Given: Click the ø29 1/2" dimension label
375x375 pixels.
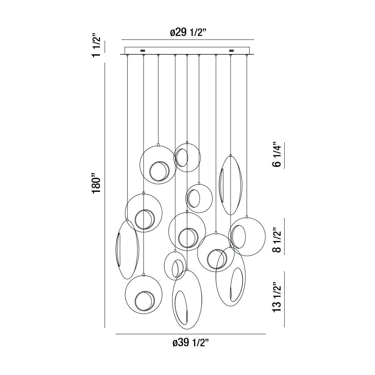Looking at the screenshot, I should pyautogui.click(x=188, y=32).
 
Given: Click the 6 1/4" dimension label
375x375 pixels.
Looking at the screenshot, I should pyautogui.click(x=277, y=155).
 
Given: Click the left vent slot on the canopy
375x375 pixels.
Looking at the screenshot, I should pyautogui.click(x=143, y=50).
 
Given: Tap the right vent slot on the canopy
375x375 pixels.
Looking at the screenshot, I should pyautogui.click(x=232, y=50).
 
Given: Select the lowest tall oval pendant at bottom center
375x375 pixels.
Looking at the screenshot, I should pyautogui.click(x=187, y=299).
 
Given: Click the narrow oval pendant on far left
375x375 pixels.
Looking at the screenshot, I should pyautogui.click(x=127, y=249).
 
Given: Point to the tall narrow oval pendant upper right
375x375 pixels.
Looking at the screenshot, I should pyautogui.click(x=230, y=185).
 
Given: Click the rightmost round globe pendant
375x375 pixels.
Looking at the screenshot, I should pyautogui.click(x=247, y=237).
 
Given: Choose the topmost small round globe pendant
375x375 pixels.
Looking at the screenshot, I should pyautogui.click(x=187, y=157).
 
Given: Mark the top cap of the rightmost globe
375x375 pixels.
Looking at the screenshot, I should pyautogui.click(x=247, y=216).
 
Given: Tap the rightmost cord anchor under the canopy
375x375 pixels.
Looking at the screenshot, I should pyautogui.click(x=247, y=56).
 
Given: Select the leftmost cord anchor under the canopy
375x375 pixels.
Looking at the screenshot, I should pyautogui.click(x=127, y=56).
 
